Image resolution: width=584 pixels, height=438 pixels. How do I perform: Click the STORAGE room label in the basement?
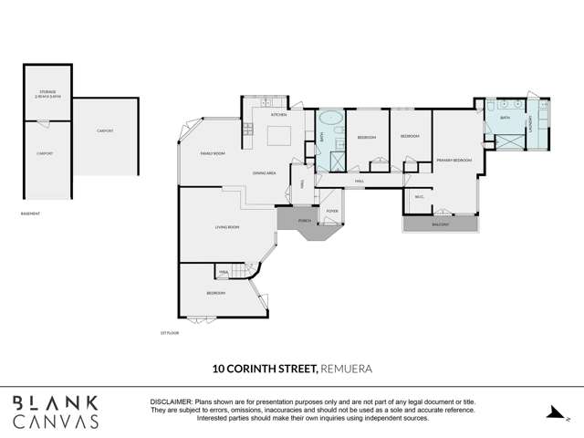pos(47,92)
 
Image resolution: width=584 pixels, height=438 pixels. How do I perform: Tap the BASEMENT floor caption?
pos(29,214)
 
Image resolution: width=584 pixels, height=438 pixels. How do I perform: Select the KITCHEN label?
pos(278,114)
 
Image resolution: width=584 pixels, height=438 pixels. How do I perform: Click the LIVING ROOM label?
pos(227,226)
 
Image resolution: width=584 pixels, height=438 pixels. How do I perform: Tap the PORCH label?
pos(304,220)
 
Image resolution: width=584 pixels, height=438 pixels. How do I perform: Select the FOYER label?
pos(331,211)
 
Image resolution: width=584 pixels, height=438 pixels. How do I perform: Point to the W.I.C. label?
pos(419,196)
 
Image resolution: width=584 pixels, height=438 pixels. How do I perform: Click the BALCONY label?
pos(440,224)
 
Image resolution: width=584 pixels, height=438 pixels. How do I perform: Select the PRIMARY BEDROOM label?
pos(454,160)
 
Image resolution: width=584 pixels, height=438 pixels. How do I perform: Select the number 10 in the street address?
pos(219,370)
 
